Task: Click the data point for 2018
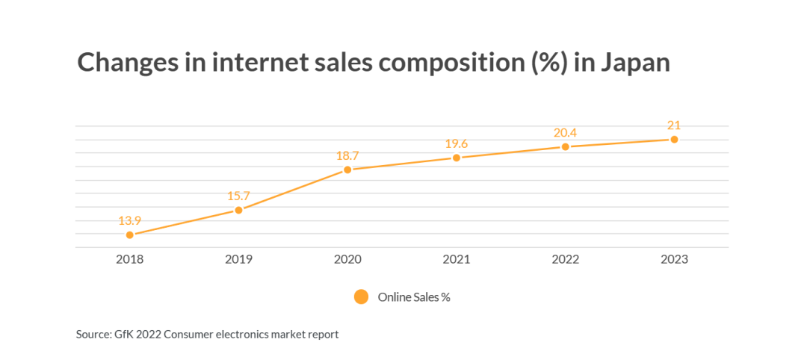coord(130,235)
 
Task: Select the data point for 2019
coord(238,210)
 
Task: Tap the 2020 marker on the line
coord(347,170)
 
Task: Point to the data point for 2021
coord(456,158)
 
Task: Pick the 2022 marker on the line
coord(565,146)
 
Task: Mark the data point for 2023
coord(674,140)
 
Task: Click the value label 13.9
coord(130,220)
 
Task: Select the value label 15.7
coord(238,196)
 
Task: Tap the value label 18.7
coord(347,156)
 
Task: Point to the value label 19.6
coord(456,143)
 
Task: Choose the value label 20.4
coord(565,133)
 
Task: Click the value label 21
coord(674,125)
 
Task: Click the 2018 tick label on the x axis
coord(130,260)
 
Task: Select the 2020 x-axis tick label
coord(347,260)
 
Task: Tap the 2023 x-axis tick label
coord(674,260)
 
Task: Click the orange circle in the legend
coord(362,297)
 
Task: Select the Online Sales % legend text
coord(414,297)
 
